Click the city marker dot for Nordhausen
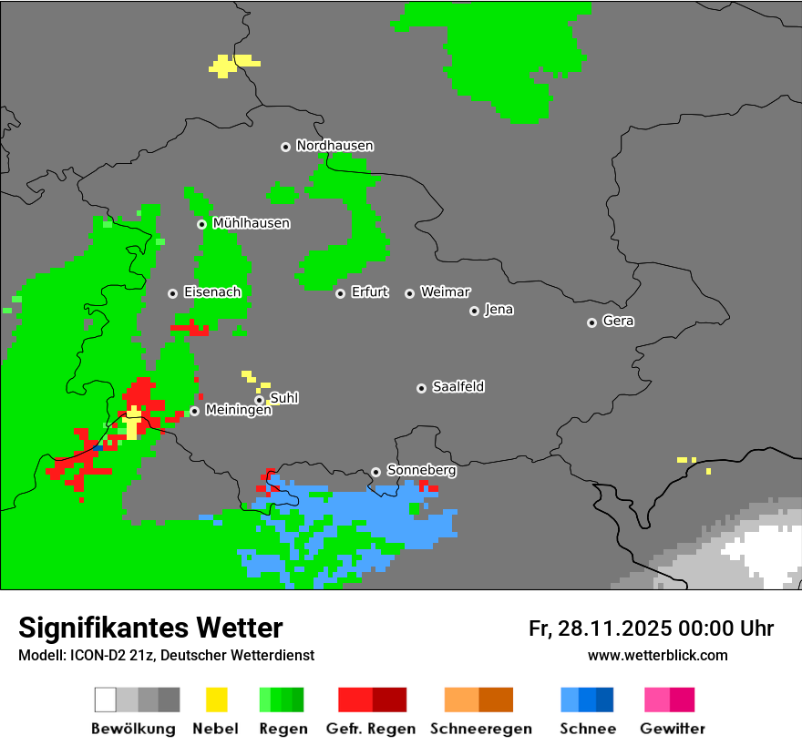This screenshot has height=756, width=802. tap(285, 147)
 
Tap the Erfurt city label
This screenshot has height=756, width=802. tap(369, 292)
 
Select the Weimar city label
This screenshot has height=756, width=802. tap(445, 292)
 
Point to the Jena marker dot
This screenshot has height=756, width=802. tap(474, 311)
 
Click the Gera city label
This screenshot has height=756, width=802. tap(618, 322)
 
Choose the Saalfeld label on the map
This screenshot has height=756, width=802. tap(458, 387)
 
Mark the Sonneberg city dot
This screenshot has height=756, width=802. tap(375, 472)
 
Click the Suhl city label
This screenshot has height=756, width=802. tap(283, 398)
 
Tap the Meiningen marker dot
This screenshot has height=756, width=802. tap(194, 411)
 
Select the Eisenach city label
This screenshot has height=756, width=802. tap(211, 292)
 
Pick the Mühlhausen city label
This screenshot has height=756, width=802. tap(251, 223)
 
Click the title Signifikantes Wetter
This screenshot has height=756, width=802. tap(150, 628)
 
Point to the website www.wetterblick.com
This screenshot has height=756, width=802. tap(657, 655)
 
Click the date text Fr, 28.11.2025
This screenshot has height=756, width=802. tap(599, 628)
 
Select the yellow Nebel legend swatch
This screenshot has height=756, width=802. tap(217, 700)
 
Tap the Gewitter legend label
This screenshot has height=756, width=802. tap(673, 729)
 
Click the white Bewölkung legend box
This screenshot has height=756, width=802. tap(106, 700)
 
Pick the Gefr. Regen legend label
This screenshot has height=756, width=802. tap(371, 729)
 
